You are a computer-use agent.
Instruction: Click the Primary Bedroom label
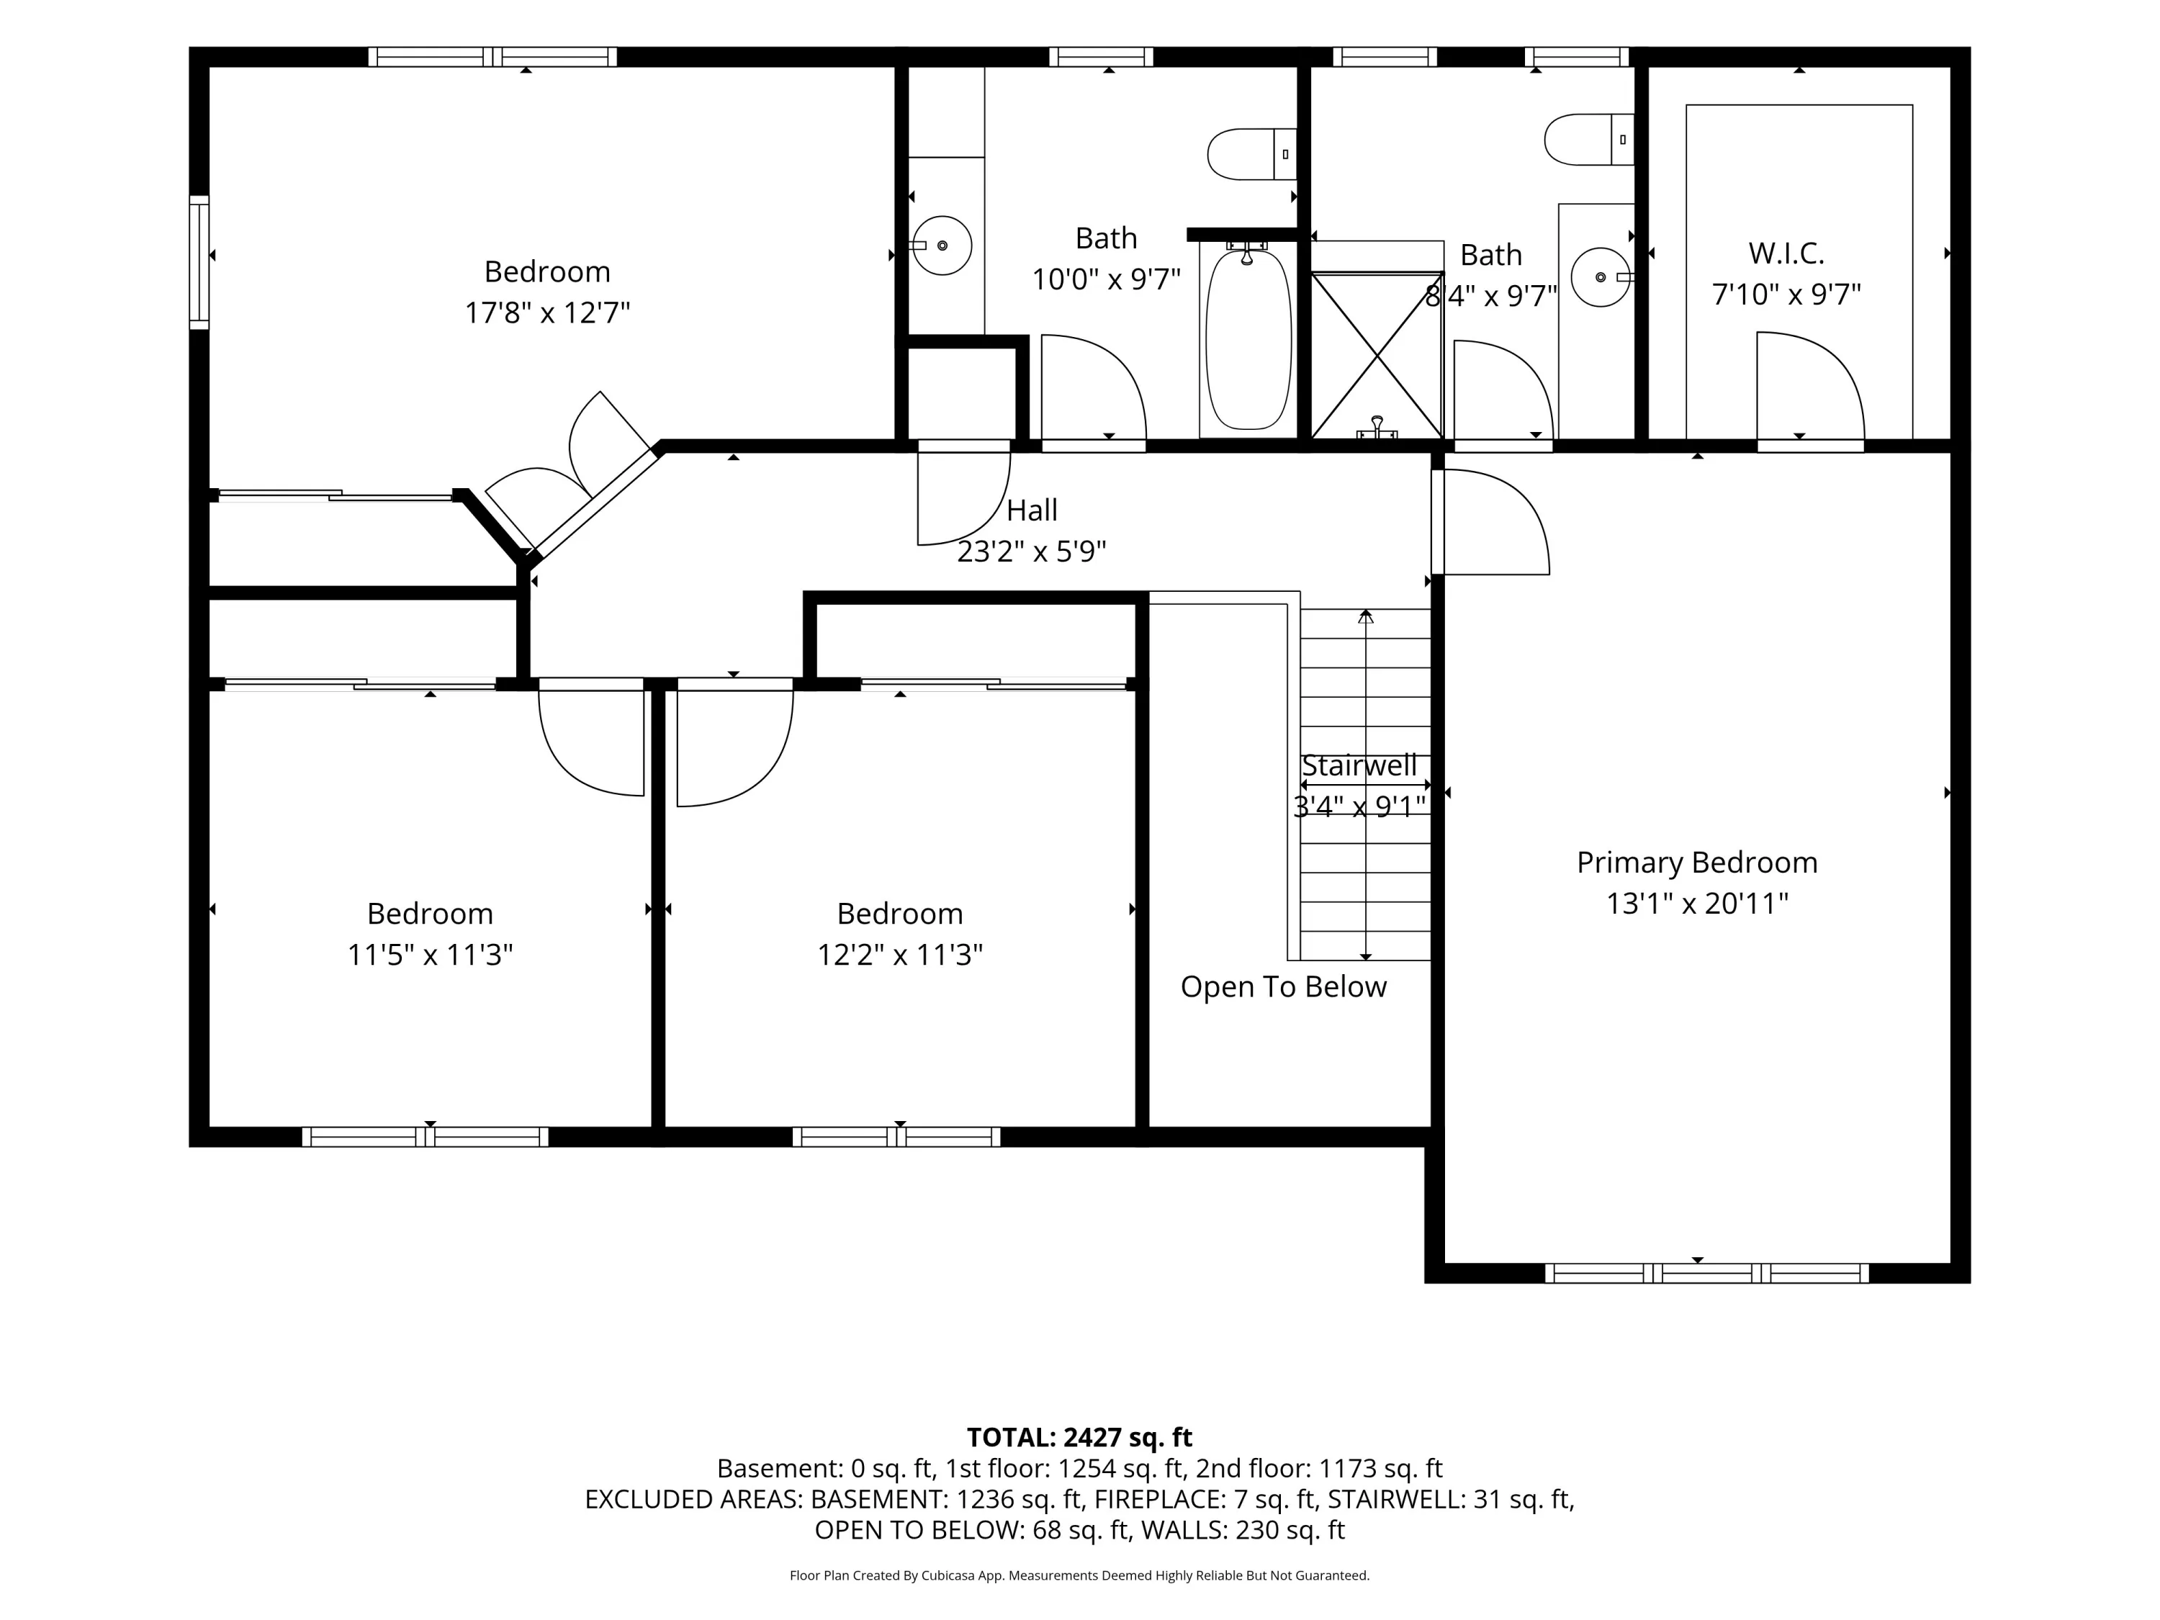tap(1697, 863)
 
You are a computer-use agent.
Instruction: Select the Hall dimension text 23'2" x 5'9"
tap(1031, 552)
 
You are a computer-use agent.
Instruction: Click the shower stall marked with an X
tap(1377, 356)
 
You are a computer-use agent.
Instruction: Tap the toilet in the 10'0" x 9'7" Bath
tap(1252, 154)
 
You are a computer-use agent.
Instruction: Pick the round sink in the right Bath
tap(1601, 277)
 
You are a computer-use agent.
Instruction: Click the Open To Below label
tap(1283, 986)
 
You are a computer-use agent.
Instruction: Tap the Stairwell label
tap(1359, 765)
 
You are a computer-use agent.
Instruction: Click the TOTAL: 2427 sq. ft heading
tap(1079, 1437)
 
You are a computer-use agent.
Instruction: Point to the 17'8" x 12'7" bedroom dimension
tap(546, 312)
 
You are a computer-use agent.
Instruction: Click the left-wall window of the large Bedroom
tap(199, 261)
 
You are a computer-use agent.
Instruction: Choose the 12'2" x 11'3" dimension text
tap(899, 954)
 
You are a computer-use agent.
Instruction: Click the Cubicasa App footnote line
tap(1079, 1575)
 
